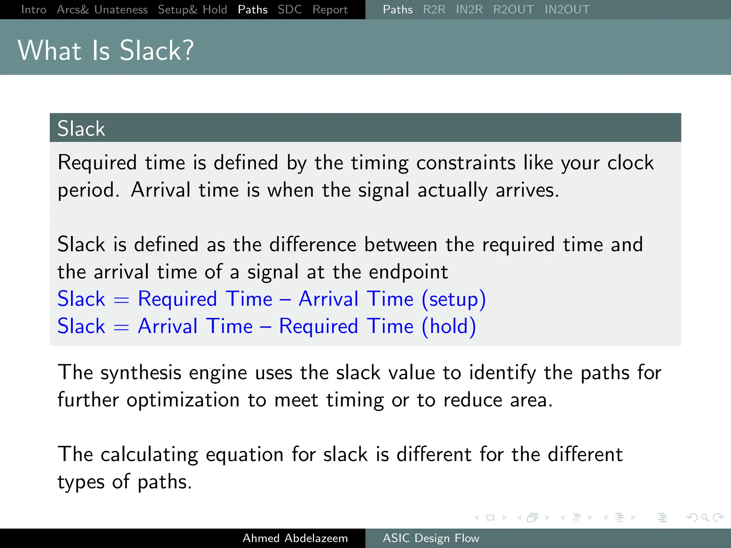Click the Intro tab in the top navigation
tap(34, 9)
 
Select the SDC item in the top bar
tap(289, 9)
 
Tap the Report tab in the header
tap(330, 9)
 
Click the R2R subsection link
tap(434, 9)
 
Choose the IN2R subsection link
tap(469, 9)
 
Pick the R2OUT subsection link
tap(513, 9)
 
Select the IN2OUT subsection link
tap(567, 9)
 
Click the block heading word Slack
tap(81, 128)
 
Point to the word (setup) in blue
tap(454, 299)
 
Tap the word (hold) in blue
tap(449, 326)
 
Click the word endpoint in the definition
tap(408, 272)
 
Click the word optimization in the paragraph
tap(183, 400)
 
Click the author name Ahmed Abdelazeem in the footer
tap(295, 538)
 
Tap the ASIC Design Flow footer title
tap(431, 538)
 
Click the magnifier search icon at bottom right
tap(705, 517)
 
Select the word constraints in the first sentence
tap(465, 163)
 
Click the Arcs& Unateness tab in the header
tap(102, 9)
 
